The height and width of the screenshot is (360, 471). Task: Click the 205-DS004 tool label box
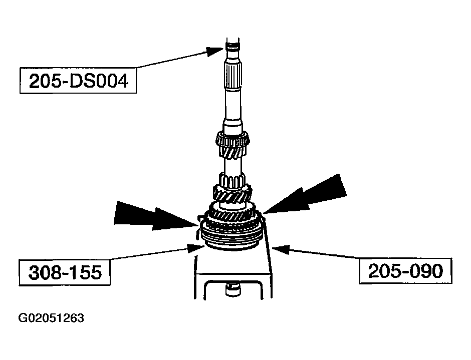77,81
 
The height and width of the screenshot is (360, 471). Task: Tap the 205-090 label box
405,271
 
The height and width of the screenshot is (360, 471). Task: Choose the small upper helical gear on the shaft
233,145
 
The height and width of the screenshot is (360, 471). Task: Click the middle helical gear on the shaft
232,195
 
